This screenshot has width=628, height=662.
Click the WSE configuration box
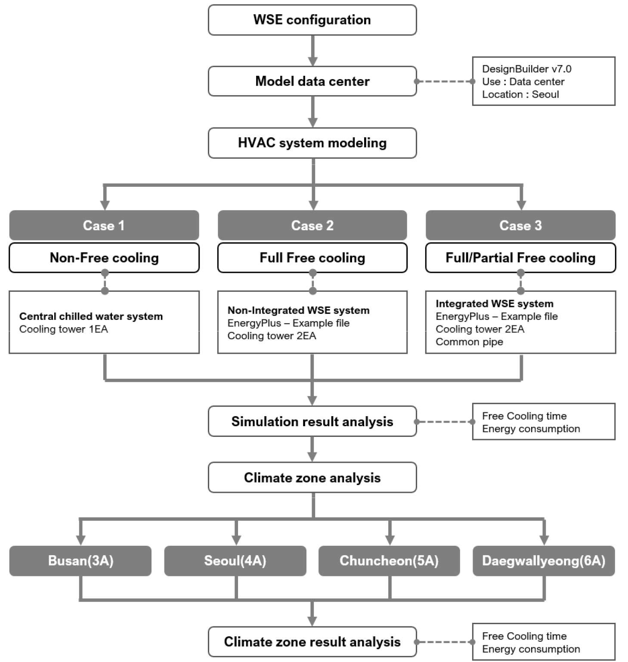point(312,20)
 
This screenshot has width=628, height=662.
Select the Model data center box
point(312,81)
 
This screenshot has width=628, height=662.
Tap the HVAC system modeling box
point(312,143)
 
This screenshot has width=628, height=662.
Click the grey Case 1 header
point(104,225)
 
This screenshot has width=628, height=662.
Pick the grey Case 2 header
point(312,225)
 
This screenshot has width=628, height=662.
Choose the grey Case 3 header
point(520,225)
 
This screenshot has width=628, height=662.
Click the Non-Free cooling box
point(104,258)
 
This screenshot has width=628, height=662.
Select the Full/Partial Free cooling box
point(520,258)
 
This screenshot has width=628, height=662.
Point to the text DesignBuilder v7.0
point(526,69)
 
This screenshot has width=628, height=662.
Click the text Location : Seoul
point(520,94)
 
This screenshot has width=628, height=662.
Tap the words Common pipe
point(469,342)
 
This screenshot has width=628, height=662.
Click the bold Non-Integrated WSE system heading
point(298,310)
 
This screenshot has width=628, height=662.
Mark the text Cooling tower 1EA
point(63,329)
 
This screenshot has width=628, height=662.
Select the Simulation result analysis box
point(312,421)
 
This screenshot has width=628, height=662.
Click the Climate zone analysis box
point(312,478)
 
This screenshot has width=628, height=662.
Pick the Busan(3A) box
point(80,561)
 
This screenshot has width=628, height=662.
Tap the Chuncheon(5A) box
point(389,561)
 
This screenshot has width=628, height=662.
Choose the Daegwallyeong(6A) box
point(544,561)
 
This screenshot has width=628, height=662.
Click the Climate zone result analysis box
point(312,642)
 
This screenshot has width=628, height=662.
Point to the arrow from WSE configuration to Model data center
point(313,51)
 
